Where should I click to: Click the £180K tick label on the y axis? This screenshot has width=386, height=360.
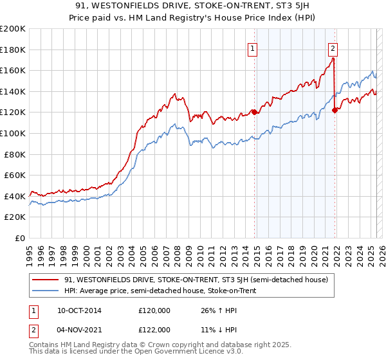(13, 50)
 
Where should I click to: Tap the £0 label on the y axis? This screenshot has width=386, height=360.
(21, 238)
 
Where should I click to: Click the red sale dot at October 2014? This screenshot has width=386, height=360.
(254, 112)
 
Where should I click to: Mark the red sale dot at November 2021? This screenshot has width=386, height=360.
(335, 110)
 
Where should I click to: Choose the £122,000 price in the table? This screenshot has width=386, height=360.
(154, 330)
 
